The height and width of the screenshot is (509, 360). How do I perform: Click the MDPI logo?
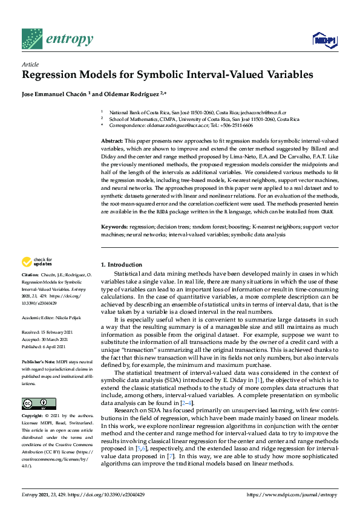pos(324,41)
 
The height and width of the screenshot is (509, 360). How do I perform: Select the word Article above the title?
pos(30,64)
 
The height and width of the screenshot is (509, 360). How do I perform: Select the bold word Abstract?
pos(113,140)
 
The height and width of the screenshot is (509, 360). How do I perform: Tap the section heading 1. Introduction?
pos(122,265)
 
